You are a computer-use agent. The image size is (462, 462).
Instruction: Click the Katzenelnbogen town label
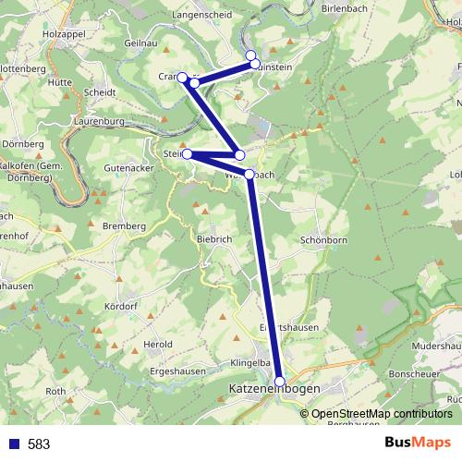coord(273,390)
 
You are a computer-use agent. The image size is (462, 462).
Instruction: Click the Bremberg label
coord(125,225)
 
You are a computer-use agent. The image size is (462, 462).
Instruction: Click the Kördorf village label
coord(120,305)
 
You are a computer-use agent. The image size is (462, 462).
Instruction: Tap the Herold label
coord(159,344)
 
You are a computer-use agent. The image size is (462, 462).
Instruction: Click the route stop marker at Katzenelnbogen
coord(280,381)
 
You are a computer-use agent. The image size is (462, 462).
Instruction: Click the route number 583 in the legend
coord(39,444)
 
